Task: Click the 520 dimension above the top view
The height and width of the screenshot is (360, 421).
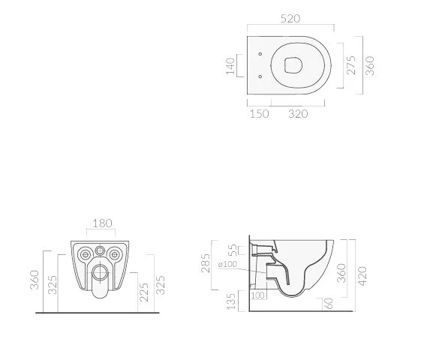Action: [290, 19]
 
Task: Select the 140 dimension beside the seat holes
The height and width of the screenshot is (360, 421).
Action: [230, 66]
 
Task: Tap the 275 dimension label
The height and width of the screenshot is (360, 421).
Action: [351, 65]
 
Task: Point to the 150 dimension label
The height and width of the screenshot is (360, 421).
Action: [259, 114]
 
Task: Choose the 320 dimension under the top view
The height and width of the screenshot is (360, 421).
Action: [298, 114]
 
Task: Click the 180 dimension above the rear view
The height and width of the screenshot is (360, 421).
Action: [102, 223]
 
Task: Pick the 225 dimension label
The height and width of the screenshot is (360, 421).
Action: [143, 292]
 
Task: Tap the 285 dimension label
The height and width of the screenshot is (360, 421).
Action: [206, 263]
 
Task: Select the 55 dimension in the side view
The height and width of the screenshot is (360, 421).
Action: [233, 250]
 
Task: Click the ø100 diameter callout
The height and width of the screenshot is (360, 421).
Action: [227, 265]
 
